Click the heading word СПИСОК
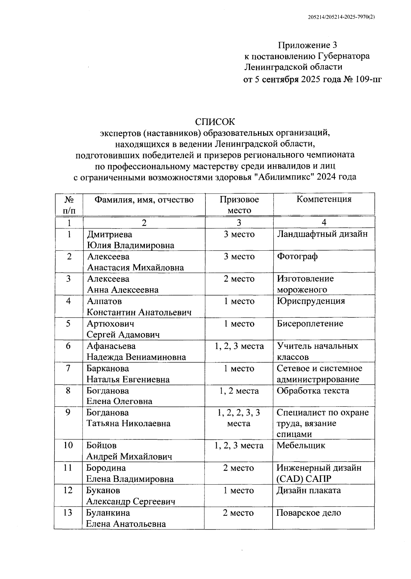click(x=215, y=122)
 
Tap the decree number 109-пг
click(x=366, y=79)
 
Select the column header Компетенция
click(x=324, y=199)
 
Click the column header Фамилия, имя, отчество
click(x=144, y=199)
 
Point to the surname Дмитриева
click(x=110, y=235)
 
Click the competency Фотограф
click(x=297, y=256)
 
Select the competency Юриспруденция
click(x=311, y=301)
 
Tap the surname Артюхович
click(x=110, y=324)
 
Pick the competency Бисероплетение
click(x=310, y=324)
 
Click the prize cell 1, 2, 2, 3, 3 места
click(x=239, y=418)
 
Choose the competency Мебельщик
click(x=301, y=445)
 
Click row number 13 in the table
click(x=68, y=513)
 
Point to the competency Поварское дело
click(x=309, y=513)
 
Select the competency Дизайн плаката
click(x=309, y=490)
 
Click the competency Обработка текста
click(x=313, y=391)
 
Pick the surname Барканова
click(x=108, y=369)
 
